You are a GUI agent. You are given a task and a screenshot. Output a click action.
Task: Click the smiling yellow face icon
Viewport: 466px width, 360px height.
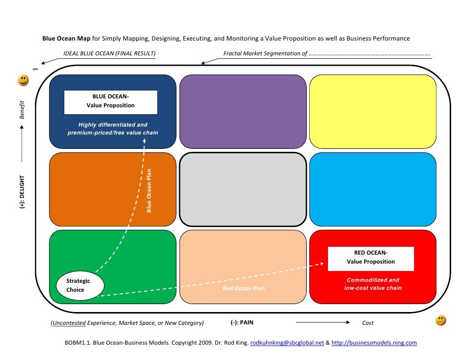coord(23,80)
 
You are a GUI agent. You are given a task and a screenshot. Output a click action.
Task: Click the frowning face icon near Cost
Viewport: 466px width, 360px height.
coord(440,320)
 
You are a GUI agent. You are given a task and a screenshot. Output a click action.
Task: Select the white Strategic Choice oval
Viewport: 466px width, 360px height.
coord(80,285)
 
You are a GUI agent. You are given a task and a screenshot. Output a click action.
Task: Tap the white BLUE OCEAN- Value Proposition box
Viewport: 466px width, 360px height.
coord(111,102)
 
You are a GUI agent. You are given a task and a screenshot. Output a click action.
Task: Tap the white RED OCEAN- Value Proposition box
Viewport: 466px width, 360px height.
coord(371,259)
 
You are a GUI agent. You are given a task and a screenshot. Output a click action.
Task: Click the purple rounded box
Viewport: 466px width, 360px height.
coord(243,111)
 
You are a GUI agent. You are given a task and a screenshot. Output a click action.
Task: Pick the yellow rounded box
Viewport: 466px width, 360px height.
coord(373,111)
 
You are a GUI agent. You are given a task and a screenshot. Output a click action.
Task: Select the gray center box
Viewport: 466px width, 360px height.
coord(243,189)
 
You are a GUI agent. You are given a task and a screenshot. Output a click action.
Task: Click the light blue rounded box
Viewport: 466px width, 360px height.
coord(373,189)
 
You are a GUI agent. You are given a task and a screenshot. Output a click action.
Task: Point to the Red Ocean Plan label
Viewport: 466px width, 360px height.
coord(244,288)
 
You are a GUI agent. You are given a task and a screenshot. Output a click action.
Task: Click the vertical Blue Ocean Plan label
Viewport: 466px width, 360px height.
coord(149,191)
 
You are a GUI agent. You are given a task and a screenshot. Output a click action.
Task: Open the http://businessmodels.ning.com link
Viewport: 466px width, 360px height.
coord(374,342)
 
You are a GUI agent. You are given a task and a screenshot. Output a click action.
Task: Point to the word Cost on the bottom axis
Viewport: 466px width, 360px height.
coord(368,323)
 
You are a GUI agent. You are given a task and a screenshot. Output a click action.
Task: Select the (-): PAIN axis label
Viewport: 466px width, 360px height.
coord(242,322)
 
